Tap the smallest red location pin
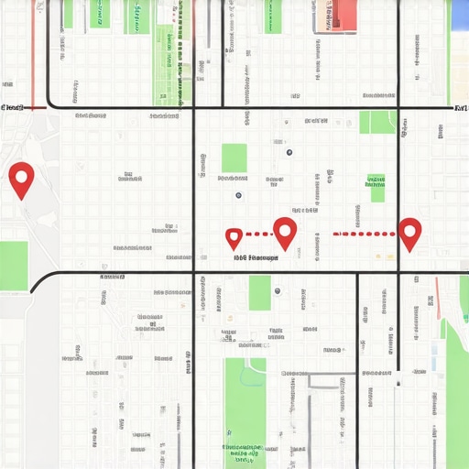point(234,238)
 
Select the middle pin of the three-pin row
point(285,232)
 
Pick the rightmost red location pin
point(409,233)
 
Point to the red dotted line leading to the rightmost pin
point(364,234)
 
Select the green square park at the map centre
point(234,158)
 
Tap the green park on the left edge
point(14,266)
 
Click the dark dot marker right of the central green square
point(289,152)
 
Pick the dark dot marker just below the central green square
point(238,195)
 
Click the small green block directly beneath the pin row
point(259,293)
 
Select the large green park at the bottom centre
point(245,412)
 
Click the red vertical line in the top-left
point(33,53)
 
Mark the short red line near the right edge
point(438,299)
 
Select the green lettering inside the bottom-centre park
point(243,451)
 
